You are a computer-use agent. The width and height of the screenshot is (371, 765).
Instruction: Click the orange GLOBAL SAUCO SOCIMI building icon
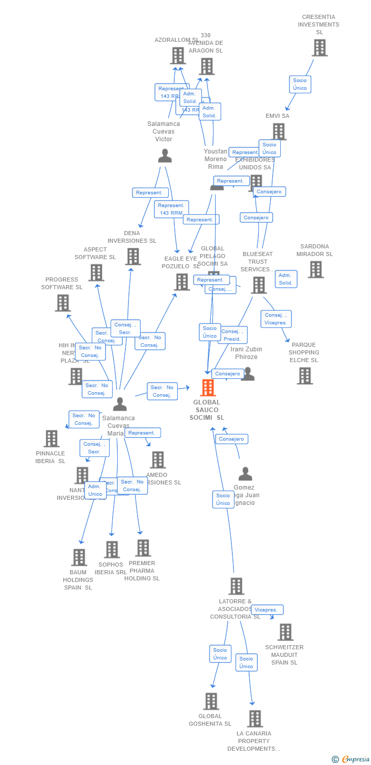[207, 388]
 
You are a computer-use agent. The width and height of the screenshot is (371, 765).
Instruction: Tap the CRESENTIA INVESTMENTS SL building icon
[320, 48]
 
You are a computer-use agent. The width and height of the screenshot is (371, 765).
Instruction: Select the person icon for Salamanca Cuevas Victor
[165, 156]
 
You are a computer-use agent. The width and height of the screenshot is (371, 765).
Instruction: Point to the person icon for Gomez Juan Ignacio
[245, 474]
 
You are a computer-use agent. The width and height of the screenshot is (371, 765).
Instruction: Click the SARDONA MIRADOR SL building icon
[315, 269]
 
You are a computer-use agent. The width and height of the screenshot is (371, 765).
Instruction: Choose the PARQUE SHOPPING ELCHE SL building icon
[305, 376]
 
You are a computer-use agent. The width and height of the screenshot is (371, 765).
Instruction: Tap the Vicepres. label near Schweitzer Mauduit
[267, 610]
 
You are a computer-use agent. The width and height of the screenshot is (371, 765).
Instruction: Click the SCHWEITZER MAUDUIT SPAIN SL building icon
[285, 632]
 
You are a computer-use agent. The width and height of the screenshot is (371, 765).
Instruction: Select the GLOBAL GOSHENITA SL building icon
[211, 701]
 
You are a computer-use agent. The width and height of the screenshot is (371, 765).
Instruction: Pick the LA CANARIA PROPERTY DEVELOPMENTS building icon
[255, 719]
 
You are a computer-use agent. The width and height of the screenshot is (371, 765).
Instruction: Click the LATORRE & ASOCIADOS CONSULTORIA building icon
[236, 586]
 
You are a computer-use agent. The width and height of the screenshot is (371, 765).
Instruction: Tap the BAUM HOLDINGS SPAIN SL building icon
[79, 557]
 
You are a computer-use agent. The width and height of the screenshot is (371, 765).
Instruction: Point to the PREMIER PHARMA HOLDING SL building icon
[143, 548]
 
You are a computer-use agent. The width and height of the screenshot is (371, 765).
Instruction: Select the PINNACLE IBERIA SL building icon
[51, 439]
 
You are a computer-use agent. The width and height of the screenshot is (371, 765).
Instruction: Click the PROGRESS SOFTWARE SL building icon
[63, 303]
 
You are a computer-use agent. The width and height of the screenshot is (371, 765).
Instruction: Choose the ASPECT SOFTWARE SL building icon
[96, 273]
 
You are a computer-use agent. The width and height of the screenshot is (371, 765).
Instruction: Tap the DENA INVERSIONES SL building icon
[133, 257]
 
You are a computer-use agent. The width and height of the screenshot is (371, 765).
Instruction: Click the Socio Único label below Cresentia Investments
[300, 84]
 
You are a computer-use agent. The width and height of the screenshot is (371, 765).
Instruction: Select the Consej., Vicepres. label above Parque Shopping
[276, 319]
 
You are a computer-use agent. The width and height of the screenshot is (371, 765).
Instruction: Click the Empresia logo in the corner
[351, 759]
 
